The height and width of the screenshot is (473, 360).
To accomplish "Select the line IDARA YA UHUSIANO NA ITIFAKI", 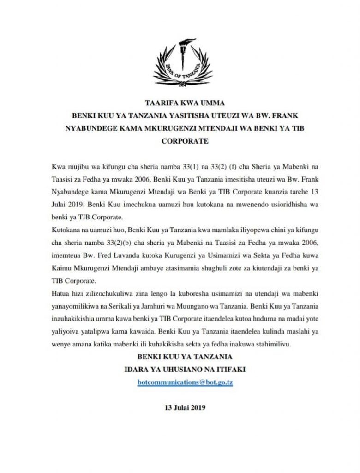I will pos(185,370).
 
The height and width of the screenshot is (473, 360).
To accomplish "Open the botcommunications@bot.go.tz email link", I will pos(185,382).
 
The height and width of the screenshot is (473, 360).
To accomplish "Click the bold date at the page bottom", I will pos(185,407).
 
